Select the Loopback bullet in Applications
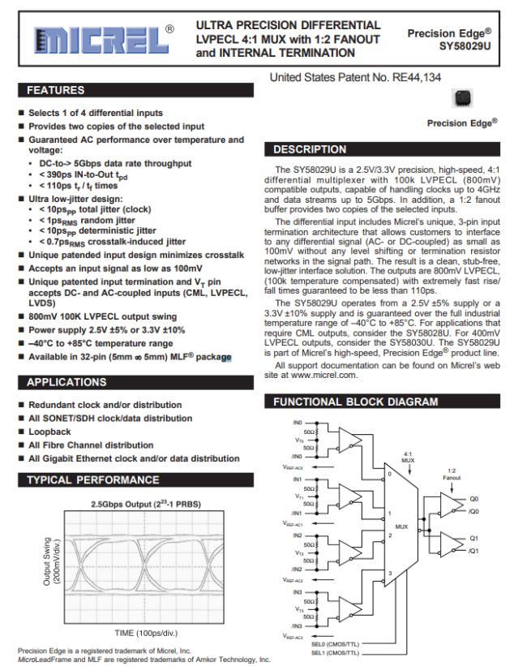49,432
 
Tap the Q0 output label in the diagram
473,499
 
